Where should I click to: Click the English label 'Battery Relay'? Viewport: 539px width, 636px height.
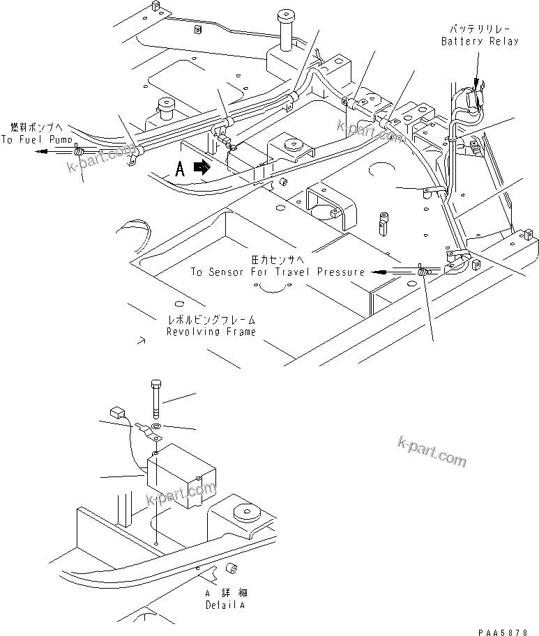pyautogui.click(x=480, y=42)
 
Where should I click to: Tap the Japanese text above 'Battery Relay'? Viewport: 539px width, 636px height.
pyautogui.click(x=480, y=29)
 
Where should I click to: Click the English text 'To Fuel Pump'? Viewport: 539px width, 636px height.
pyautogui.click(x=36, y=139)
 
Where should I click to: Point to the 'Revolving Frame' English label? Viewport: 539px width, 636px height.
pyautogui.click(x=211, y=332)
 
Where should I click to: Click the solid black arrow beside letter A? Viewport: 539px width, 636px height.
pyautogui.click(x=202, y=168)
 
